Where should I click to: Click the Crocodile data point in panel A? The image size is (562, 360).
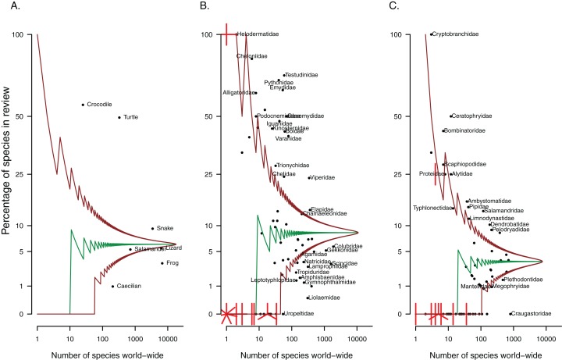tap(83, 105)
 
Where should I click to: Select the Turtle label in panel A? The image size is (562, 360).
tap(130, 117)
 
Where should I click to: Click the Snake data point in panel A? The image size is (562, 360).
tap(153, 228)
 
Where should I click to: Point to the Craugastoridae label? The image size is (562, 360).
tap(535, 313)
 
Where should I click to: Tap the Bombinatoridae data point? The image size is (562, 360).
tap(443, 130)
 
